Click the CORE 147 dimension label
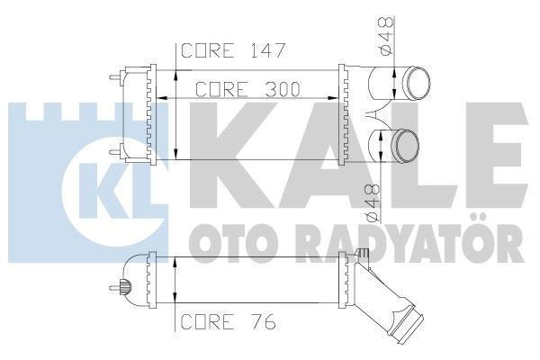pos(233,50)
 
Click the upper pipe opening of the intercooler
pos(415,84)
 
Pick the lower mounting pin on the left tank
pos(115,150)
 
